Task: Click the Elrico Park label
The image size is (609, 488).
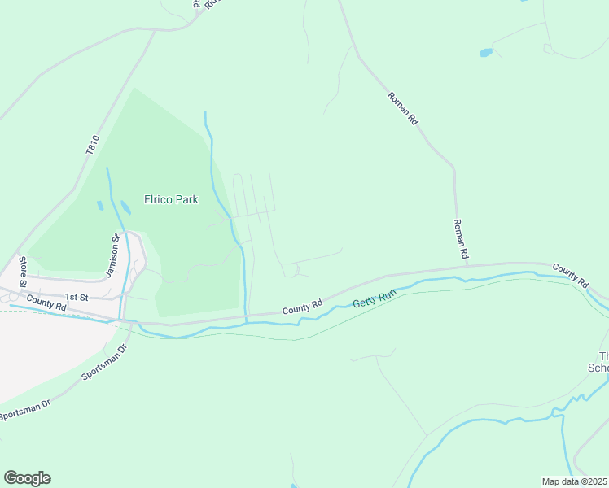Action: pos(171,199)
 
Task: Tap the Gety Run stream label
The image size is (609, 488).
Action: pos(375,298)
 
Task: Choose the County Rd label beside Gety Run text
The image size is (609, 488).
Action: pos(303,307)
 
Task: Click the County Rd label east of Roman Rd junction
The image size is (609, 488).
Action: pos(570,275)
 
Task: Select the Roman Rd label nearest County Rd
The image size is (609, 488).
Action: pos(460,240)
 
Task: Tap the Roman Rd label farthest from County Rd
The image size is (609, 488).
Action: pos(403,107)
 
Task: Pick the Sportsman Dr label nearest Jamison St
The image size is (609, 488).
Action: pos(105,363)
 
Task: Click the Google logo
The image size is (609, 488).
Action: pos(27,478)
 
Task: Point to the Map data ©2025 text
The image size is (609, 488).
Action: pos(575,481)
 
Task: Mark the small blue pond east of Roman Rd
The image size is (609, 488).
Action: pos(486,53)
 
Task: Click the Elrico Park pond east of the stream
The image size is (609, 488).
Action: pos(125,208)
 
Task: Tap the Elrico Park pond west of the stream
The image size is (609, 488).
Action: pos(100,206)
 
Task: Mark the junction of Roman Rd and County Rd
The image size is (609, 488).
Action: pos(467,264)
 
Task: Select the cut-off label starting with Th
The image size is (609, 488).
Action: pos(602,362)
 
